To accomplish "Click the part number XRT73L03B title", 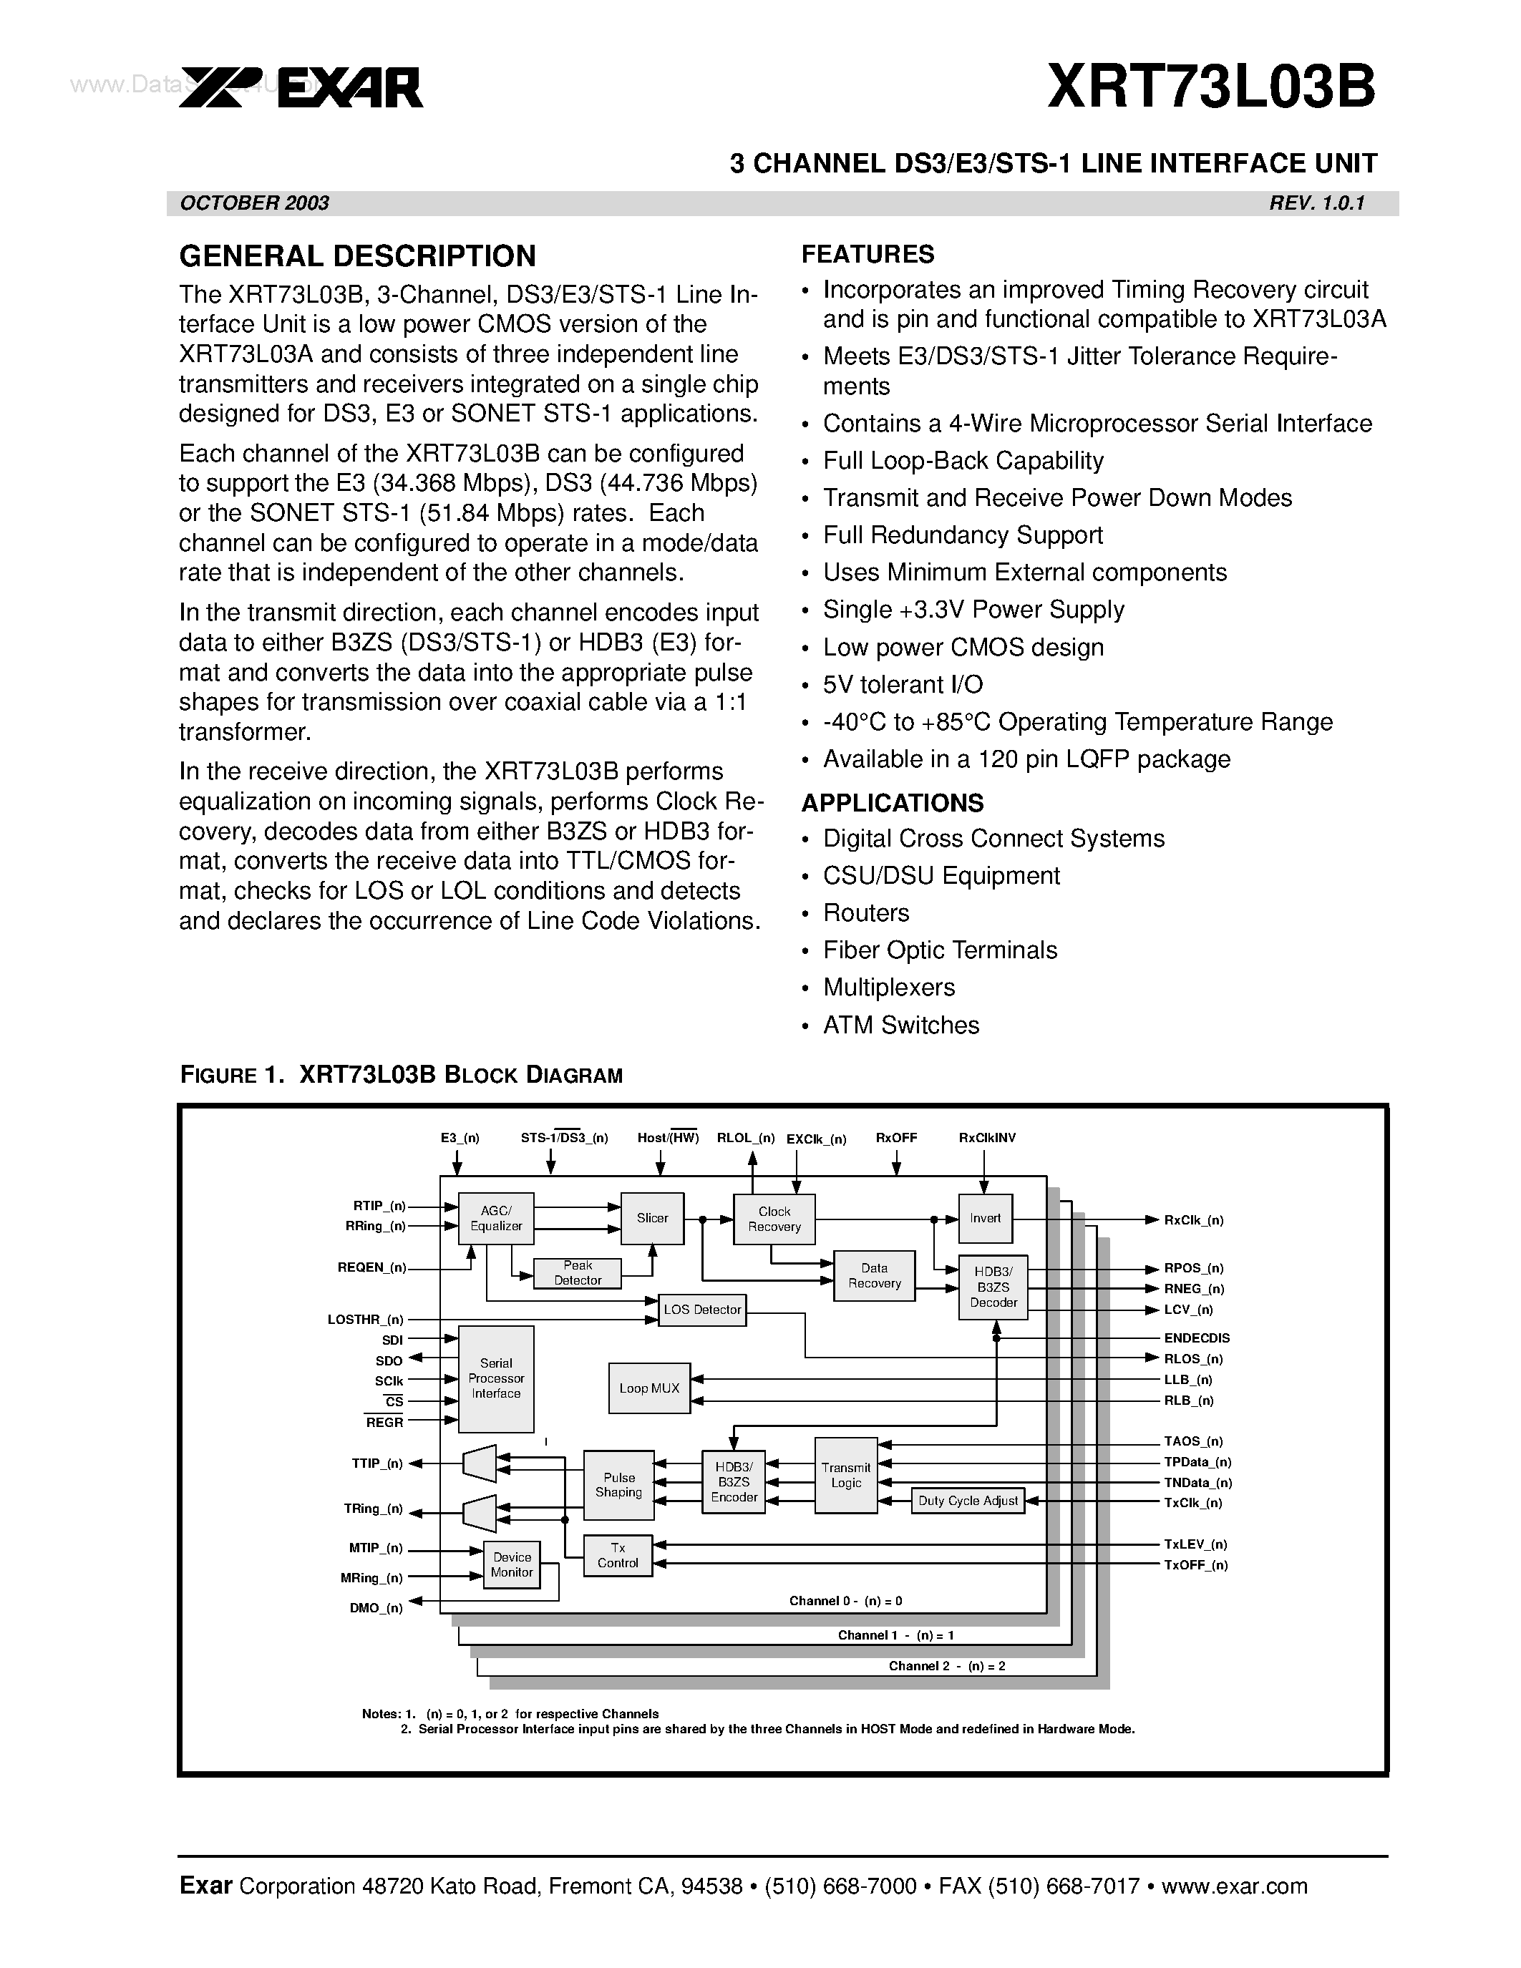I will point(1211,87).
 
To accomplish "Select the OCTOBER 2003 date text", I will point(255,203).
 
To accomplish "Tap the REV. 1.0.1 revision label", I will point(1316,203).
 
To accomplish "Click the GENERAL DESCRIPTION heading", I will point(358,256).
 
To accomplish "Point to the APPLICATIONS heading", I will point(892,803).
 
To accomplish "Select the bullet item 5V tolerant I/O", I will point(903,685).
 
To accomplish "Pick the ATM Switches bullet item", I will point(900,1025).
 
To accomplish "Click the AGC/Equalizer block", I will point(495,1218).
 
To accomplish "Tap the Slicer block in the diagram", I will point(652,1218).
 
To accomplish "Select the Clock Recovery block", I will point(774,1219).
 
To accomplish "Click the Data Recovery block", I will point(874,1275).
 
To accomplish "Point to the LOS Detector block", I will point(702,1310).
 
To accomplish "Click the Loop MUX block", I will point(648,1388).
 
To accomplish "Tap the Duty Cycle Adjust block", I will point(968,1500).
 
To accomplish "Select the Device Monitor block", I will point(512,1564).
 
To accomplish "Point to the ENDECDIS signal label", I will point(1197,1338).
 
